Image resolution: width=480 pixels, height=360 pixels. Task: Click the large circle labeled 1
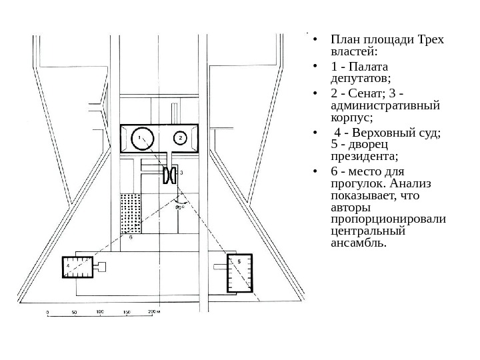(141, 138)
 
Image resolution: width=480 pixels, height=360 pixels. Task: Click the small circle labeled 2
(179, 138)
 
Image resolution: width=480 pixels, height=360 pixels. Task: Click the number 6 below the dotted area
(131, 237)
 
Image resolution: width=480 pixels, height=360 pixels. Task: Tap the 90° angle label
(179, 207)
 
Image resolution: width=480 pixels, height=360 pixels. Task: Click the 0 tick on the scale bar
(47, 311)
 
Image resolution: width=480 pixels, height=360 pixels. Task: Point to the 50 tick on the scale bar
(73, 311)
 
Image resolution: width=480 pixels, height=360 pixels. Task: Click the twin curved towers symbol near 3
(169, 175)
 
